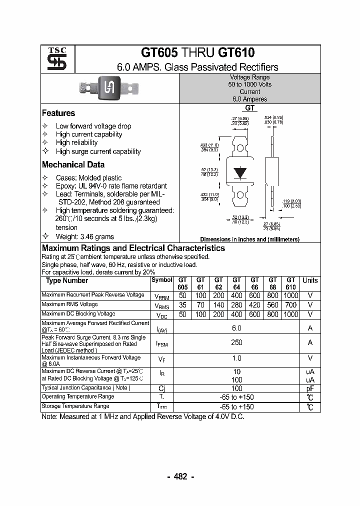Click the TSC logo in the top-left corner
[53, 59]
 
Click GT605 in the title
[159, 53]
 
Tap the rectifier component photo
[108, 88]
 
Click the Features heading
[58, 113]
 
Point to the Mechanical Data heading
[73, 164]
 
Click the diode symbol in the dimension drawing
[241, 172]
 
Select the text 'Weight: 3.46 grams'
[84, 236]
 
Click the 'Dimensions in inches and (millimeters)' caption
[249, 239]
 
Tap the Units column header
[310, 280]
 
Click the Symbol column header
[161, 280]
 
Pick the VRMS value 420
[254, 305]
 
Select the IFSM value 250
[236, 342]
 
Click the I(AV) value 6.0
[236, 328]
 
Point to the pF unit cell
[310, 388]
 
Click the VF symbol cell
[161, 359]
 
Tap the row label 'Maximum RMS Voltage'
[69, 304]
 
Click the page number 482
[180, 476]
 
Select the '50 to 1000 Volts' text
[249, 84]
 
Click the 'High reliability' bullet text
[76, 142]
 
